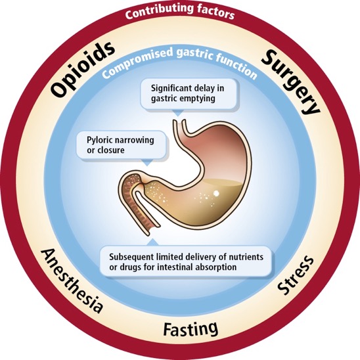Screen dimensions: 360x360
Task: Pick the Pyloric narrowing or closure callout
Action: pyautogui.click(x=112, y=145)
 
